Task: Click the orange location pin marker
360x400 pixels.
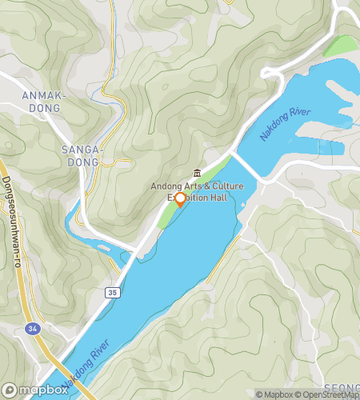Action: [x=180, y=199]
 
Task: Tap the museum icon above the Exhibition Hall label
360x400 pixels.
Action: [x=197, y=174]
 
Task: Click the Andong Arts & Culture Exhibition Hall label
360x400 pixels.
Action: [x=196, y=192]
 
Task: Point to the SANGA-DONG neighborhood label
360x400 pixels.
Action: [x=82, y=156]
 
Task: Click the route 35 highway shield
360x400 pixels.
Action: [x=111, y=294]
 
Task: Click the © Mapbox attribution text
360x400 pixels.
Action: [x=274, y=394]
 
